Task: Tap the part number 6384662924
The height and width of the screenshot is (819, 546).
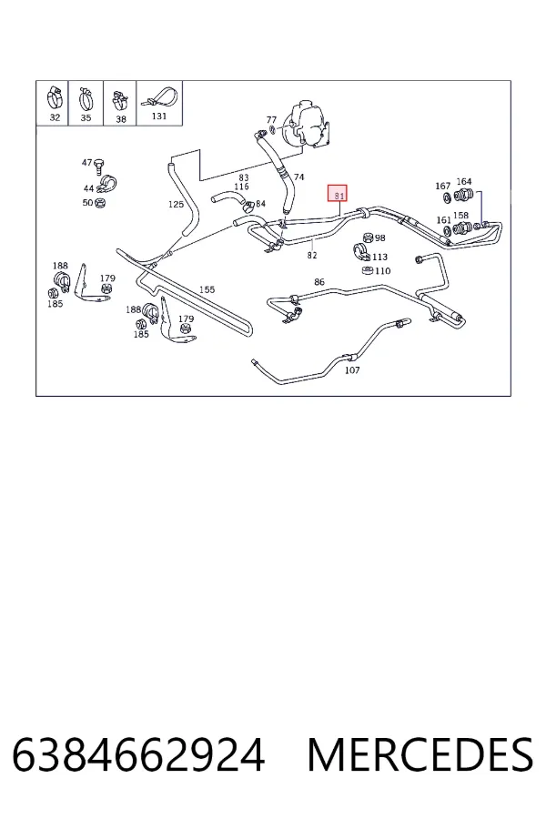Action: pyautogui.click(x=138, y=754)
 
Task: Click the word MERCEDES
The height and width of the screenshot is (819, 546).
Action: pyautogui.click(x=420, y=754)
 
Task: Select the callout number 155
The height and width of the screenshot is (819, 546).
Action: pyautogui.click(x=207, y=289)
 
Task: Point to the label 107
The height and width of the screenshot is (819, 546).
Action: pyautogui.click(x=352, y=369)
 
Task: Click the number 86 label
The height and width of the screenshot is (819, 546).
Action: pyautogui.click(x=319, y=282)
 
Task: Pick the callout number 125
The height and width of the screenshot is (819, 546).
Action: pyautogui.click(x=176, y=204)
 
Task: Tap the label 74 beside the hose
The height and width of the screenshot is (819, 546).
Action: pyautogui.click(x=298, y=177)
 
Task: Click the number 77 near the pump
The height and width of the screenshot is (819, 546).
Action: pyautogui.click(x=271, y=120)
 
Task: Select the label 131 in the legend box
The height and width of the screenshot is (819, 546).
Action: pyautogui.click(x=159, y=116)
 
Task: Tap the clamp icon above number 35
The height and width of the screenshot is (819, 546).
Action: pyautogui.click(x=86, y=98)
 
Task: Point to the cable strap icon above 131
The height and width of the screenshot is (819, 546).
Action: pyautogui.click(x=159, y=97)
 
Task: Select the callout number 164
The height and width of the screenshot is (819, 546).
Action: pyautogui.click(x=464, y=182)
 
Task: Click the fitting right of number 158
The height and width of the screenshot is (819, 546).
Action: pyautogui.click(x=462, y=228)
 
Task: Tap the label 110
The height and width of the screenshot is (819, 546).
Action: pyautogui.click(x=382, y=270)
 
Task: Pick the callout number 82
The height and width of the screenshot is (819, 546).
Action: pyautogui.click(x=312, y=256)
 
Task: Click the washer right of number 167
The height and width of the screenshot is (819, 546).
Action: pyautogui.click(x=448, y=198)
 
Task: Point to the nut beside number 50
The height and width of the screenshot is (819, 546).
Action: pyautogui.click(x=100, y=203)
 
